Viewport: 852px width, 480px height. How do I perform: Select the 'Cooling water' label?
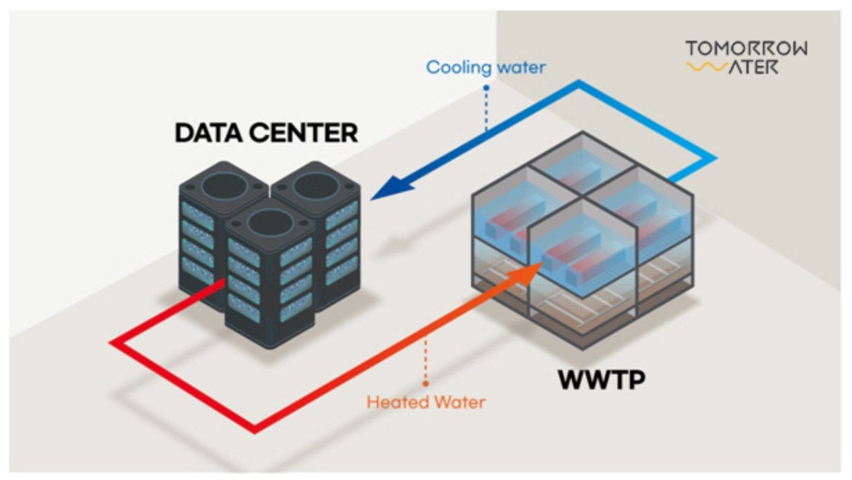pos(485,67)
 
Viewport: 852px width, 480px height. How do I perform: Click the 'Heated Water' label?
pos(426,401)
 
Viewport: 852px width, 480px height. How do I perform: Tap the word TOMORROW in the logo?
pos(746,48)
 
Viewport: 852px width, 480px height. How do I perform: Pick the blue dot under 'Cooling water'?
pos(486,89)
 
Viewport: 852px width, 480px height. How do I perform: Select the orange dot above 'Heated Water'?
pos(426,382)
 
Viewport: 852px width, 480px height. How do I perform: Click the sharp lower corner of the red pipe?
pos(256,430)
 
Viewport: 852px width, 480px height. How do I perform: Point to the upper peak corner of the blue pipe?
pos(579,83)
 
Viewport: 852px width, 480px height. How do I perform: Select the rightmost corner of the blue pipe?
pos(712,160)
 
